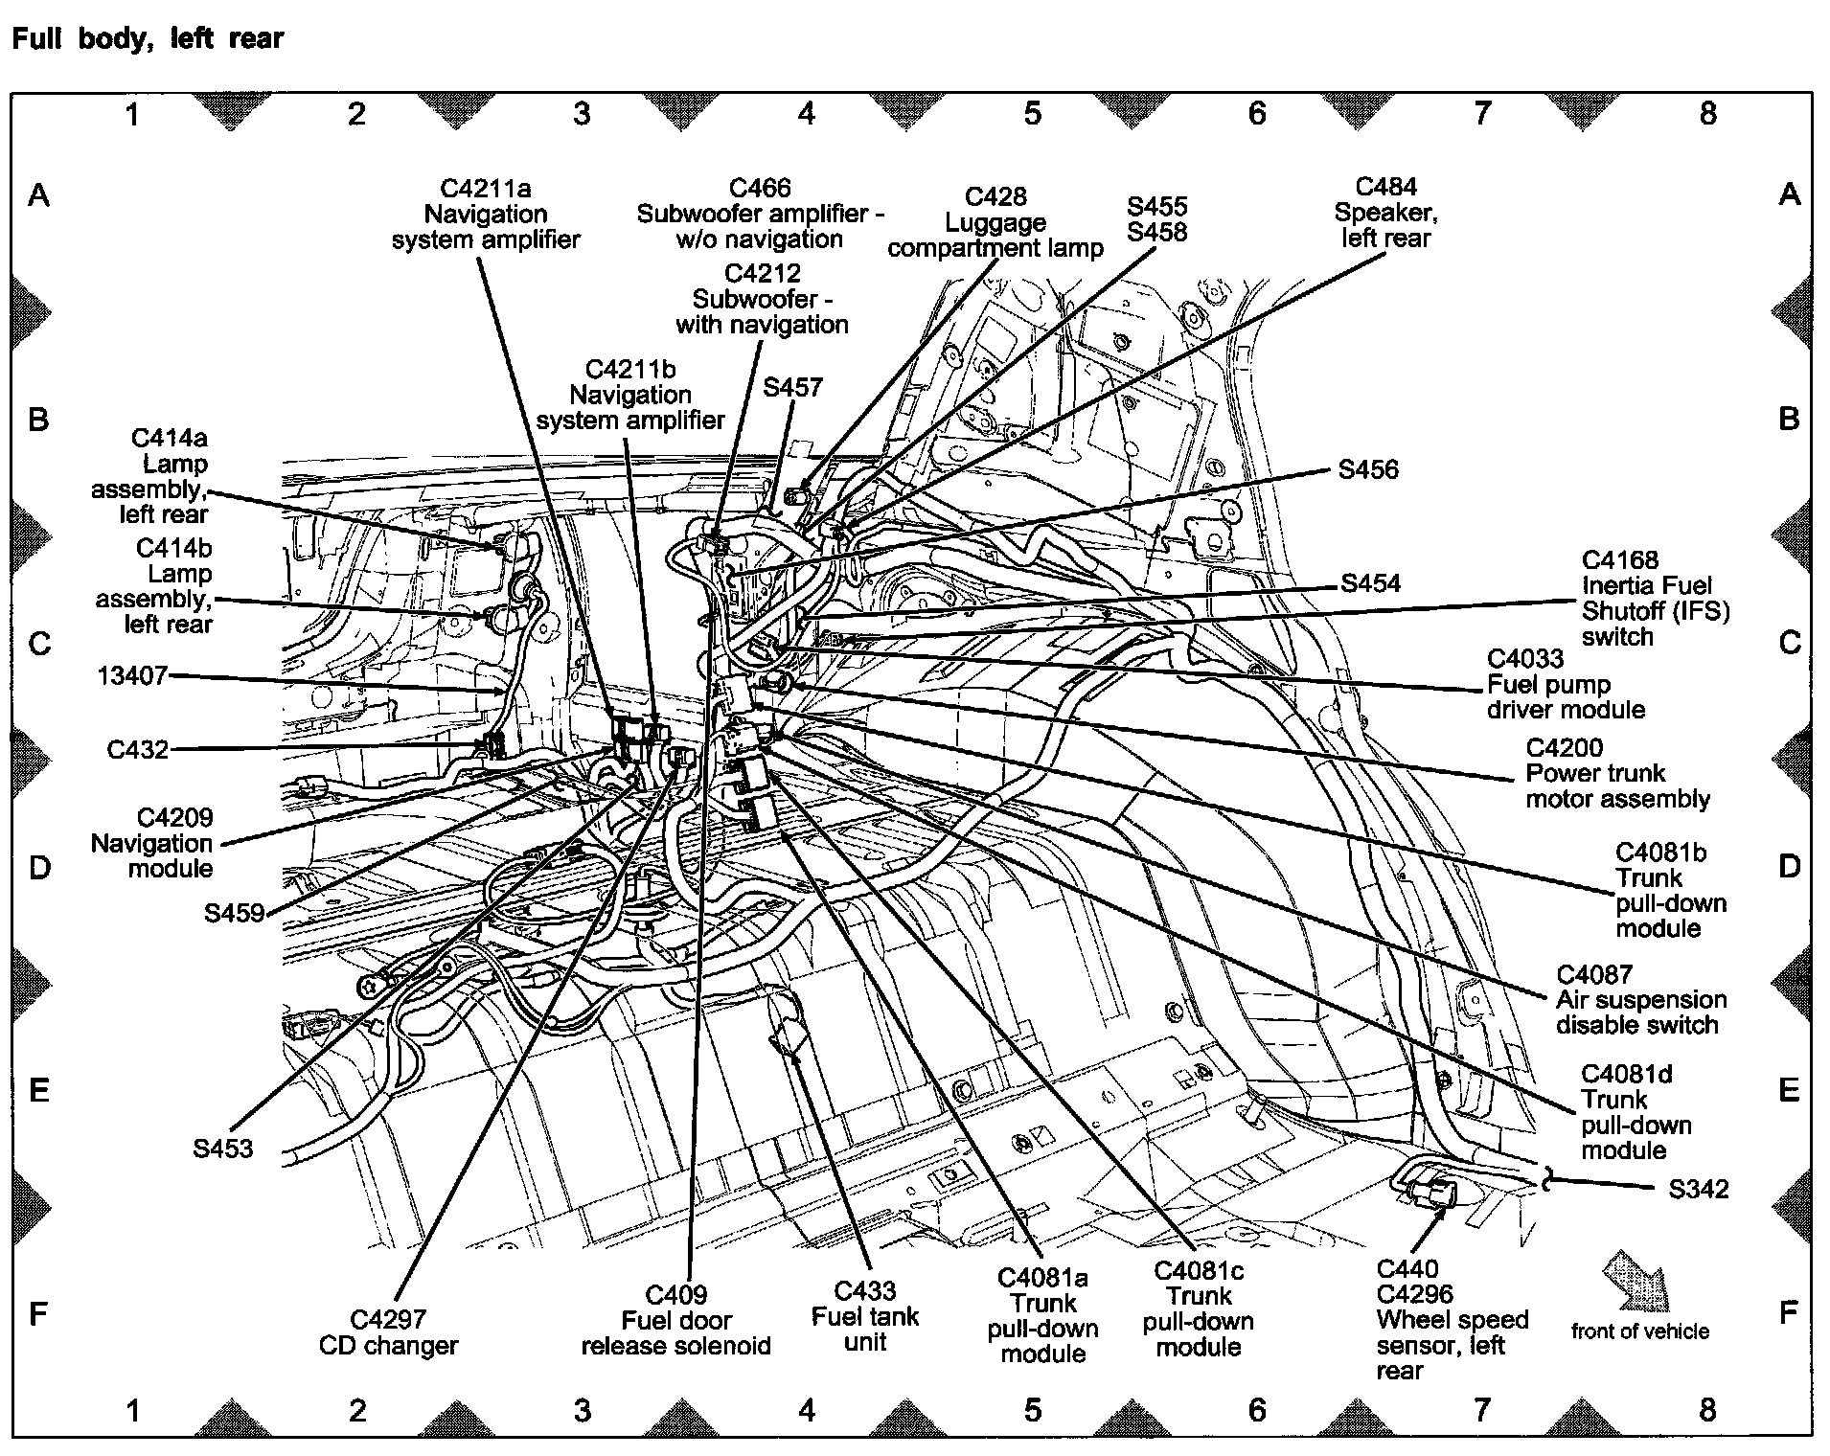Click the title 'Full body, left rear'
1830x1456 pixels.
148,39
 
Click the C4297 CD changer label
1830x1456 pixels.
388,1332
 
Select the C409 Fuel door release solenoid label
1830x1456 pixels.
675,1320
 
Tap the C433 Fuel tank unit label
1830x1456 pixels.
864,1316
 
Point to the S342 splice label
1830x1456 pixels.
1698,1189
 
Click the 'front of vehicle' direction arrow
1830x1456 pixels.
1636,1280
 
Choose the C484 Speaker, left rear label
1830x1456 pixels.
1385,213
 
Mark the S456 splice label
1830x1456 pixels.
1367,469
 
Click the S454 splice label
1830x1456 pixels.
1369,583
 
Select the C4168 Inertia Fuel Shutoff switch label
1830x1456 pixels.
1655,598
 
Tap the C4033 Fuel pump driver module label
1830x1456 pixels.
1565,684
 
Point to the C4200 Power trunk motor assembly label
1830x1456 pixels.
1616,773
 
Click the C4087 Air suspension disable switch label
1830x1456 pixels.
1640,999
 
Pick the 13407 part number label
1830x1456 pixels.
132,676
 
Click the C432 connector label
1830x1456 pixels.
137,749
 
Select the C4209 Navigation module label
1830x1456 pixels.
153,843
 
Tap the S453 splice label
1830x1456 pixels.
222,1148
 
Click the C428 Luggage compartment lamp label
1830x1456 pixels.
995,222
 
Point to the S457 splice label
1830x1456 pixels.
792,387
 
